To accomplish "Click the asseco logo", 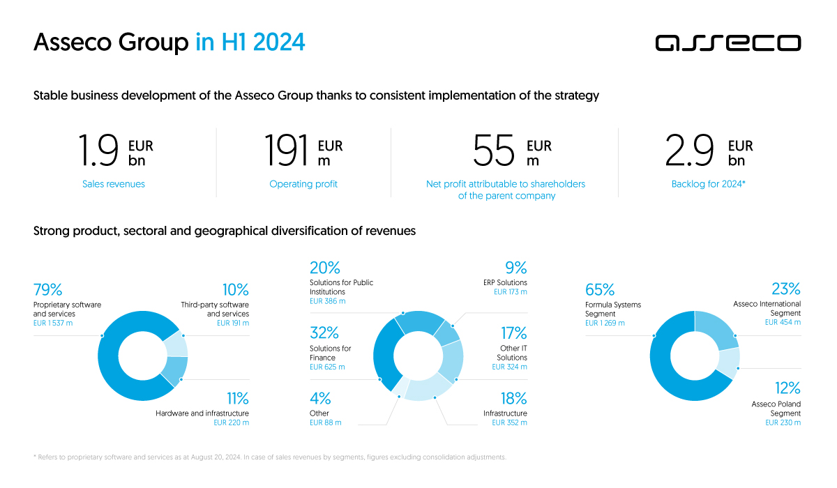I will coord(727,43).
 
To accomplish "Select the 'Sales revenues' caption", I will coord(114,184).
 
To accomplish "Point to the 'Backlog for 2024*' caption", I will coord(709,184).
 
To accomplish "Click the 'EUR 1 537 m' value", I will coord(53,323).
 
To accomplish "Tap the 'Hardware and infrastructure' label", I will coord(202,413).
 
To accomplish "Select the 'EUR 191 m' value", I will coord(232,323).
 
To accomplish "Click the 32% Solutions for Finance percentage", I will coord(324,333).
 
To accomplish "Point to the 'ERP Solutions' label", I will coord(505,282).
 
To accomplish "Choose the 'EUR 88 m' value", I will coord(326,422).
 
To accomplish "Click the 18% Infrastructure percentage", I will coord(513,399).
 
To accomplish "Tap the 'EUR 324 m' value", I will coord(510,367).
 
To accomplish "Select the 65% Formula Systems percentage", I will coord(600,290).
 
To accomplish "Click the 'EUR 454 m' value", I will coord(783,322).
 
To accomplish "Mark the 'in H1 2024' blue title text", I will coord(250,43).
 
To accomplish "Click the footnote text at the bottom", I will coord(269,457).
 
